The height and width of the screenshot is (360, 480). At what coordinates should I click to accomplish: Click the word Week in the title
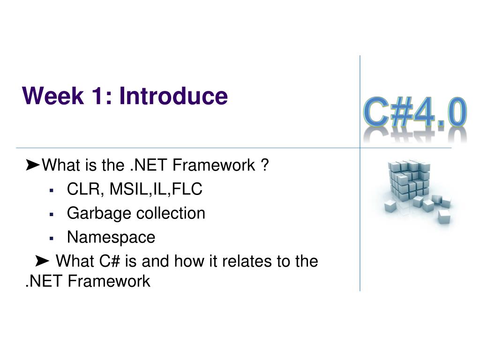point(52,96)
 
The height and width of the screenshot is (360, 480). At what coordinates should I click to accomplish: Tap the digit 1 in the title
point(98,96)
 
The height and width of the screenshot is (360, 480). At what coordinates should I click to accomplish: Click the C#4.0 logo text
point(415,112)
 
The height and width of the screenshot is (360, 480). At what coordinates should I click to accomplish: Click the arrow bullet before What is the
point(32,165)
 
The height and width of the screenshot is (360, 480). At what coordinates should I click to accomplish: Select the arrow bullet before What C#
point(42,261)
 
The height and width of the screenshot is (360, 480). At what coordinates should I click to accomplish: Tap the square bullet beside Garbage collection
point(51,214)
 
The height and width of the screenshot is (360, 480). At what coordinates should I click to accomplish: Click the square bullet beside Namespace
point(51,238)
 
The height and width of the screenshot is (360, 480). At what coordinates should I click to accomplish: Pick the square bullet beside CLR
point(51,190)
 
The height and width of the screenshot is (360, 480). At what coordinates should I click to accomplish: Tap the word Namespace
point(111,238)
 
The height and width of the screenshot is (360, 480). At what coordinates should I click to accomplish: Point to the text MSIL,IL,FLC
point(156,189)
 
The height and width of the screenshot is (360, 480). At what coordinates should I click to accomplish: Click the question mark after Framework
point(265,165)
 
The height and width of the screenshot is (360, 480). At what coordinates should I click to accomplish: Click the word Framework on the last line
point(109,281)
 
